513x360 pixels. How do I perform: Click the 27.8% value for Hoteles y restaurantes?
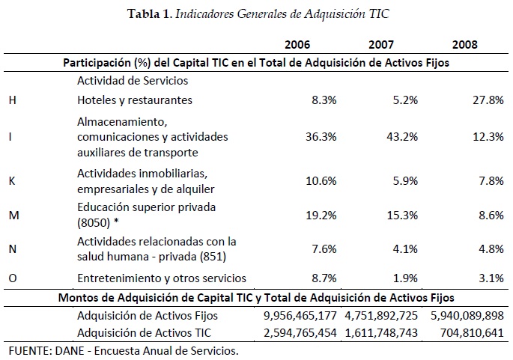coord(486,100)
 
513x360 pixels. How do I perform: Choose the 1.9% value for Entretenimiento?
coord(405,278)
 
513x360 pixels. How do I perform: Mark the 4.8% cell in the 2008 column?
coord(489,247)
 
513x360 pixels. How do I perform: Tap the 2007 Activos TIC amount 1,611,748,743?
coord(380,332)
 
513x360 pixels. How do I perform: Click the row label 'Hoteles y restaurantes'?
coord(135,100)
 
